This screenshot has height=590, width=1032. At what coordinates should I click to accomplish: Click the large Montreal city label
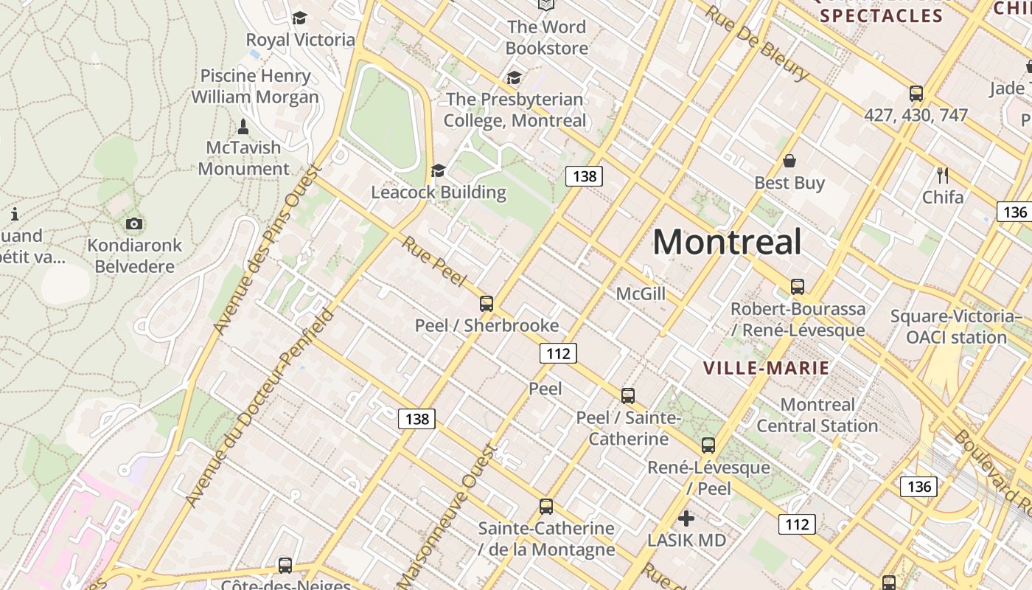click(727, 242)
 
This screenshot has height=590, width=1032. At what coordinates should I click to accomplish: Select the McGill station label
click(641, 294)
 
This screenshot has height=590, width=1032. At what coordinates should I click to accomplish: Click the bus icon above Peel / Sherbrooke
click(487, 303)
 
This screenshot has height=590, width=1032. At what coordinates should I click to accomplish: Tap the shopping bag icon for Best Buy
click(789, 161)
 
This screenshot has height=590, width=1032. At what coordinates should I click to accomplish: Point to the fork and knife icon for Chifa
click(942, 175)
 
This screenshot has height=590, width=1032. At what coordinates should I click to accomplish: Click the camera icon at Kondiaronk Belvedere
click(134, 223)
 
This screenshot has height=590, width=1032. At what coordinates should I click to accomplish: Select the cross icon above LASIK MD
click(686, 518)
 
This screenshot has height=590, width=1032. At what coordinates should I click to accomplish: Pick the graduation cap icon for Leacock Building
click(439, 171)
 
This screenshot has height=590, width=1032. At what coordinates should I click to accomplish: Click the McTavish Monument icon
click(243, 127)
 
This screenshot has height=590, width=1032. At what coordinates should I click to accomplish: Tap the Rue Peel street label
click(434, 261)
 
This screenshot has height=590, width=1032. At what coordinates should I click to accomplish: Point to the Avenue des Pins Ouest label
click(267, 249)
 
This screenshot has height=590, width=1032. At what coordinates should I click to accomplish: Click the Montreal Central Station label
click(817, 415)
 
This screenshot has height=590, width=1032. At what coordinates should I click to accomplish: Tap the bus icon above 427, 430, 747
click(916, 94)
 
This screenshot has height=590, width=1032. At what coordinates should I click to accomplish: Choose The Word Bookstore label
click(546, 38)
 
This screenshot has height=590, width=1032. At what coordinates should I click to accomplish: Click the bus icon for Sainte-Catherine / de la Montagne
click(546, 507)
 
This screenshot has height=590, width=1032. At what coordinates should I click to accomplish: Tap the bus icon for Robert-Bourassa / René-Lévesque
click(797, 287)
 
